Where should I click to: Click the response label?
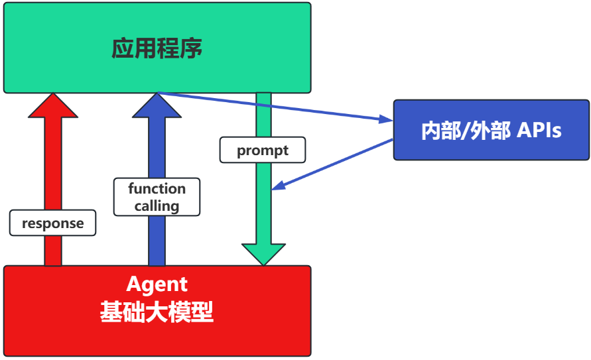coord(53,223)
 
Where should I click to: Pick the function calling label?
coord(157,197)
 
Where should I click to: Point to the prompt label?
coord(263,150)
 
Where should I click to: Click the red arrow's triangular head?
coord(53,106)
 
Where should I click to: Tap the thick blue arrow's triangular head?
coord(157,106)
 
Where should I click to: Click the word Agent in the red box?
coord(157,284)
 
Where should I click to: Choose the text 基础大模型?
coord(157,311)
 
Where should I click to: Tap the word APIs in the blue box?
coord(539,131)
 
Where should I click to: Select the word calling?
coord(157,206)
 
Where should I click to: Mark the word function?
coord(157,188)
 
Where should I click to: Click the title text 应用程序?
coord(157,48)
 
